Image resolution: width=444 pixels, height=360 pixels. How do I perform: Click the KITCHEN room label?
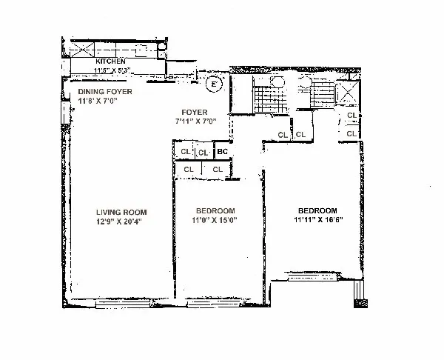click(x=111, y=61)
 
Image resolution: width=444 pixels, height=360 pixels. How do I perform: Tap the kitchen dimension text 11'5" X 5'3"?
click(x=112, y=71)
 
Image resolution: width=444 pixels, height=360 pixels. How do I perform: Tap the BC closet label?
click(x=222, y=153)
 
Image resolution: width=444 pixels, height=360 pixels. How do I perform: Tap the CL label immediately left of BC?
click(x=203, y=153)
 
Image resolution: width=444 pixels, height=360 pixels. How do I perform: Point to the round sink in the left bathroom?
click(x=277, y=82)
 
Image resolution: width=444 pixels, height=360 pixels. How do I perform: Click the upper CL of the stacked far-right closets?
click(x=352, y=116)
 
